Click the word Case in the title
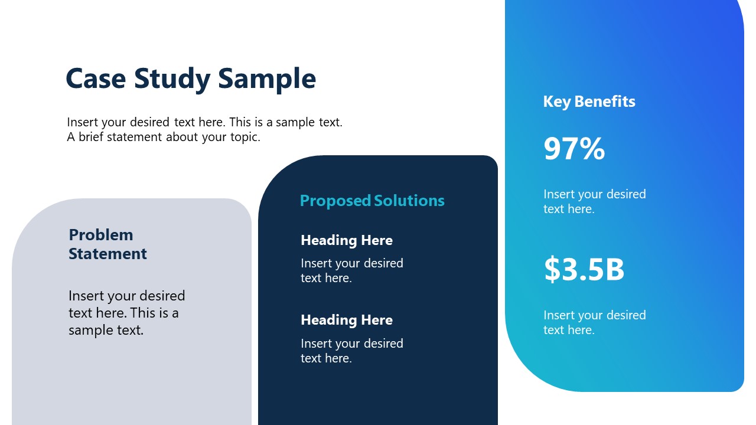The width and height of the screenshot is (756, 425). pyautogui.click(x=95, y=79)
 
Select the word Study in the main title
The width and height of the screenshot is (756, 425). pyautogui.click(x=172, y=79)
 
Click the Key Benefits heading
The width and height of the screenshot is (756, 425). pyautogui.click(x=589, y=102)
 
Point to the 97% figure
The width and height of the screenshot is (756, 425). pyautogui.click(x=574, y=149)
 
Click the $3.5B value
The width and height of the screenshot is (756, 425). pyautogui.click(x=584, y=269)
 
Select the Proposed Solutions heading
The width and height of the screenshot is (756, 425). pyautogui.click(x=372, y=201)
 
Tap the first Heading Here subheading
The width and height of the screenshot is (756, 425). pyautogui.click(x=347, y=240)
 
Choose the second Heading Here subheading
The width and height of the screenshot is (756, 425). pyautogui.click(x=347, y=320)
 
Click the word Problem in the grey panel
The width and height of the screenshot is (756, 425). pyautogui.click(x=101, y=235)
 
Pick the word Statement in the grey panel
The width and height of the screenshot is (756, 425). pyautogui.click(x=107, y=254)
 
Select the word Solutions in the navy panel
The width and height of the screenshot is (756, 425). pyautogui.click(x=409, y=201)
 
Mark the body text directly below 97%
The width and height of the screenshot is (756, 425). pyautogui.click(x=594, y=201)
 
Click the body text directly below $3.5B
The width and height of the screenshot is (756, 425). pyautogui.click(x=594, y=322)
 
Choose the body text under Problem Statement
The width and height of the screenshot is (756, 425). pyautogui.click(x=126, y=313)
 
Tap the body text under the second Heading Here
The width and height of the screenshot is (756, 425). pyautogui.click(x=351, y=351)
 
